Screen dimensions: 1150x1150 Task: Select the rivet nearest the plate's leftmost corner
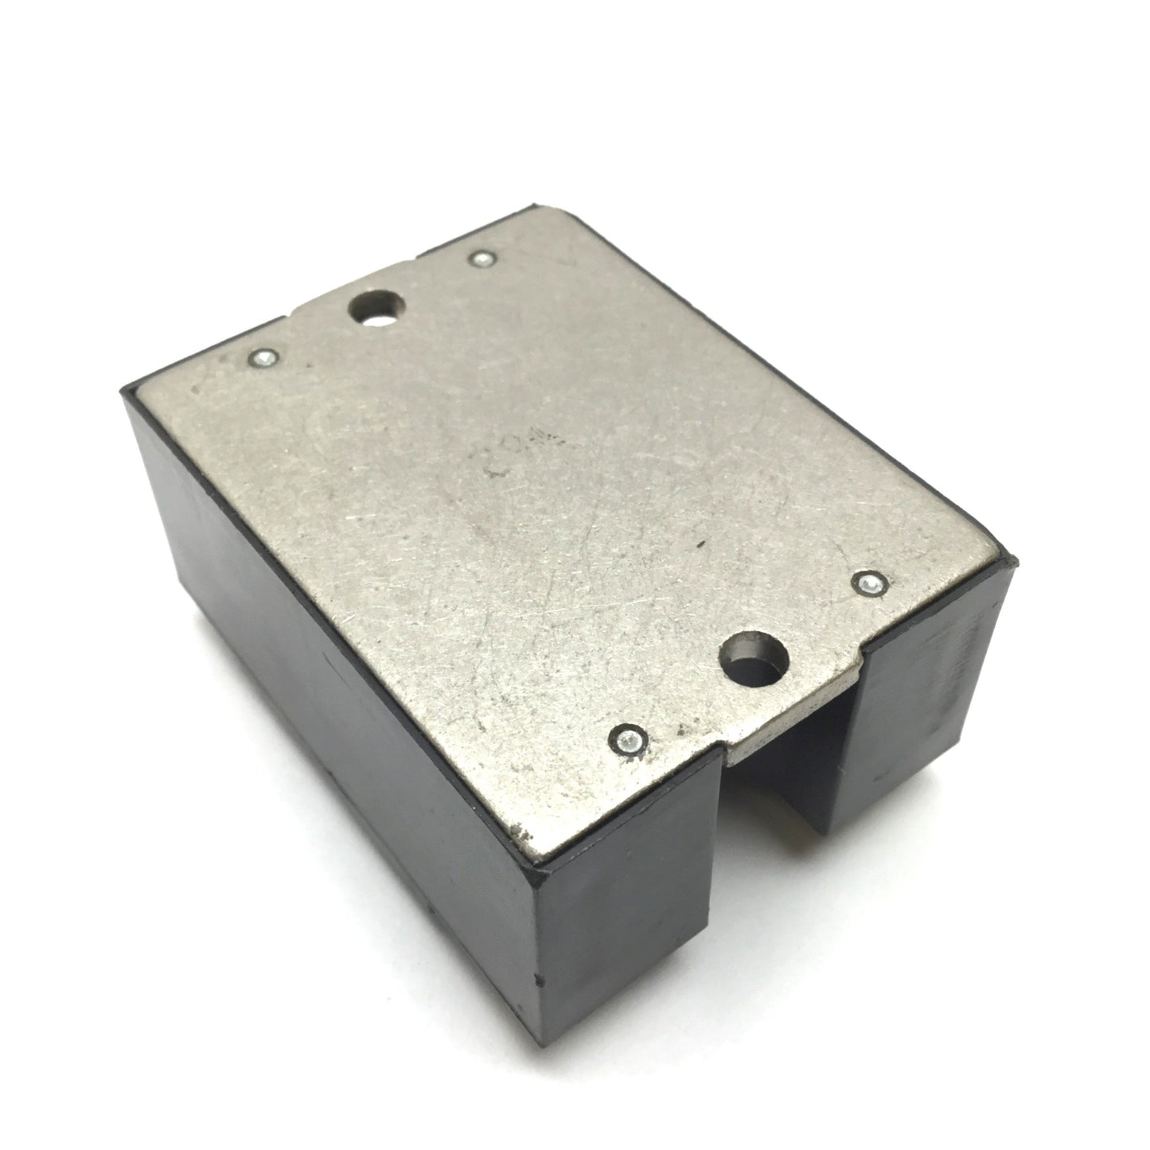tap(263, 357)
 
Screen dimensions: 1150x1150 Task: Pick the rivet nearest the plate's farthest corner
tap(481, 258)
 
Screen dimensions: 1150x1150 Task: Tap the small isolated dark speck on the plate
tap(700, 546)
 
